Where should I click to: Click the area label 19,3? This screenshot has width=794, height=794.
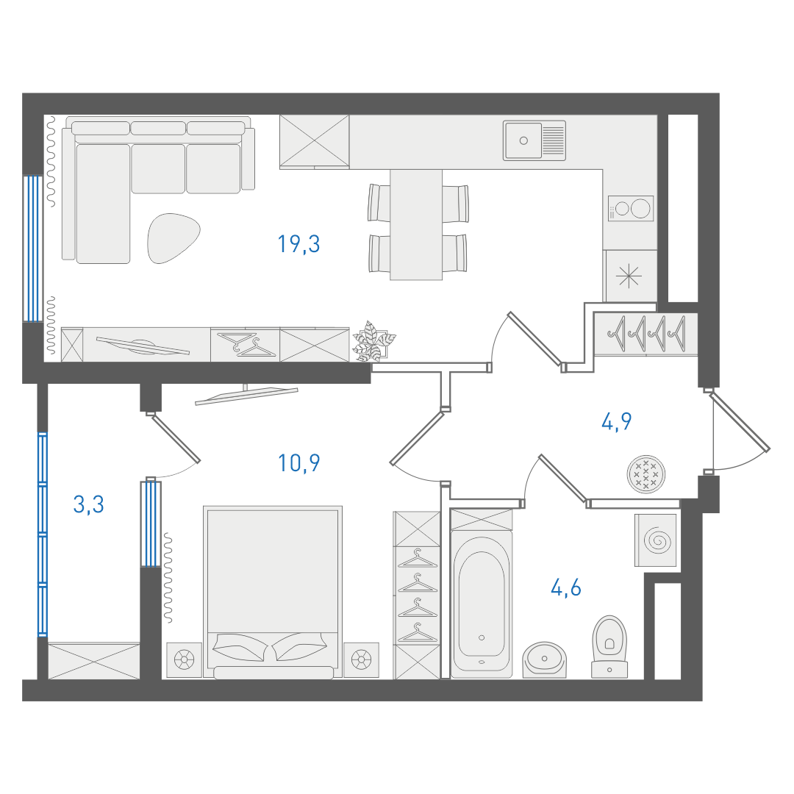coord(298,244)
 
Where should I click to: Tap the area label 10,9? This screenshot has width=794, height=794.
coord(298,463)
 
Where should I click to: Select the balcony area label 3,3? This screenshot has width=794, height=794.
coord(89,504)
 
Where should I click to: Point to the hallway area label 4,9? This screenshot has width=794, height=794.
coord(616,421)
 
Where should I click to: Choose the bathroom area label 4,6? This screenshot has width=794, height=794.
coord(565,588)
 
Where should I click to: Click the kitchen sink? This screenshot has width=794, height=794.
coord(534,140)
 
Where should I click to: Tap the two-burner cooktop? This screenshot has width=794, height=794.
coord(631,209)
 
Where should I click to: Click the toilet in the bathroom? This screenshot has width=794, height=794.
coord(609,647)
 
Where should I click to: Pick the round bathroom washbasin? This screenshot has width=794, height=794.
coord(544,659)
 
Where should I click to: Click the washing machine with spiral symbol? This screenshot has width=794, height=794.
coord(656,540)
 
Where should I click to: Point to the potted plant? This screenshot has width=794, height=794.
coord(373,341)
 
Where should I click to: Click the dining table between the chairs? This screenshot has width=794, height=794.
coord(416,225)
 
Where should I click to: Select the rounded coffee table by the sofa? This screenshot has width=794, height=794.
coord(174,238)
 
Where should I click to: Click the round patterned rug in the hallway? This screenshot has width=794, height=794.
coord(646,474)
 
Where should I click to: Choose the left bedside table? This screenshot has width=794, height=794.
coord(185,659)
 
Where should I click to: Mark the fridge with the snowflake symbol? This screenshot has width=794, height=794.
coord(630,276)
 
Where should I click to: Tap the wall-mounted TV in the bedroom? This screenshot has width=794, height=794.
coord(246,395)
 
